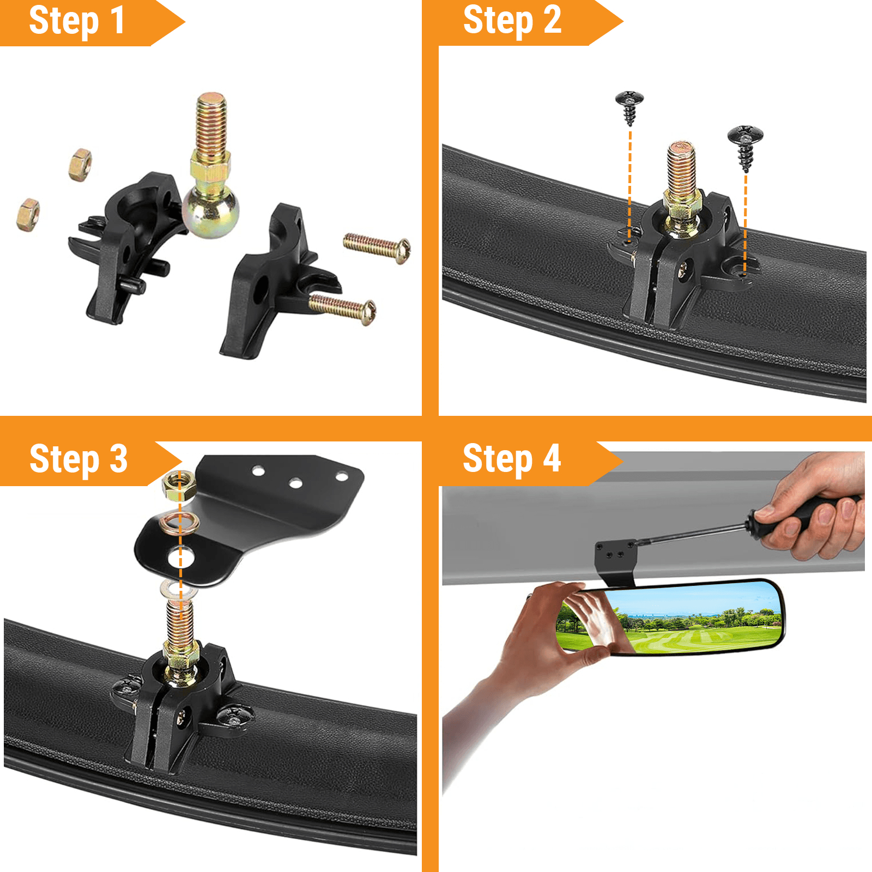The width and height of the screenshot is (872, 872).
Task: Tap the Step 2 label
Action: click(512, 20)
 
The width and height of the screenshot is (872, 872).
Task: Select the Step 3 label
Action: click(78, 459)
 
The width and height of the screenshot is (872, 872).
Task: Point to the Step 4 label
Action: click(511, 459)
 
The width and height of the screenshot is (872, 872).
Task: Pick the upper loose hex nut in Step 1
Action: click(80, 164)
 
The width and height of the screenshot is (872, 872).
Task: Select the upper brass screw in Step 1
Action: click(377, 248)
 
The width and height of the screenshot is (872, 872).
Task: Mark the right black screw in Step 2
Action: click(745, 146)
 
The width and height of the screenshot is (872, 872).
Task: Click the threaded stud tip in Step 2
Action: click(681, 148)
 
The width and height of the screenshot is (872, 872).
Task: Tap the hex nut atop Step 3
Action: click(179, 485)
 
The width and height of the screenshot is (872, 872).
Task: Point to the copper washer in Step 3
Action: click(179, 523)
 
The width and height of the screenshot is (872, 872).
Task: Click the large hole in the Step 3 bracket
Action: click(181, 558)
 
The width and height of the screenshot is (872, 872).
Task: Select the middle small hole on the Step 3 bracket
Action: click(296, 483)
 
